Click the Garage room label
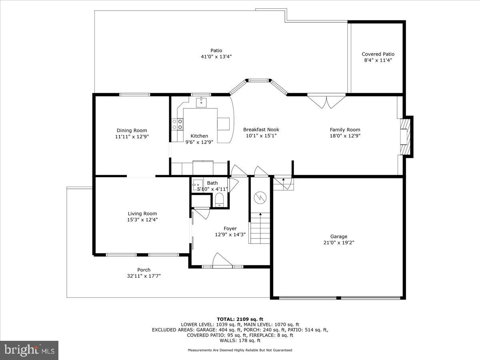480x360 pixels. [x=338, y=236]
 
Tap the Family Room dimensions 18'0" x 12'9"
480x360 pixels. [x=345, y=136]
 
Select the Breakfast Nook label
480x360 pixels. [x=261, y=130]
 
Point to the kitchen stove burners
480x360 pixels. [x=177, y=124]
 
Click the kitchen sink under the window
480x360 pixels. [x=201, y=103]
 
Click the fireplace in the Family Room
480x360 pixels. [x=405, y=136]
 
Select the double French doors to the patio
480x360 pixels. [x=326, y=100]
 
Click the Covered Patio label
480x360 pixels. [x=378, y=54]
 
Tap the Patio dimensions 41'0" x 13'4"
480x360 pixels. [x=216, y=56]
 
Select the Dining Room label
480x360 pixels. [x=132, y=130]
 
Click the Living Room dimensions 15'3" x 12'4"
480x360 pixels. [x=142, y=220]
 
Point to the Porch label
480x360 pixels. [x=144, y=270]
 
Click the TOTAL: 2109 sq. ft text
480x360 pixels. [x=240, y=319]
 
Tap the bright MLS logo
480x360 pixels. [x=29, y=350]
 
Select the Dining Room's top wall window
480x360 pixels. [x=135, y=95]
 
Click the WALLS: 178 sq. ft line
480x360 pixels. [x=240, y=340]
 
